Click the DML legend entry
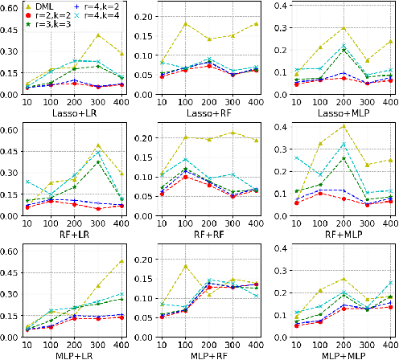pos(54,7)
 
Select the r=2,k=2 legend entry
pos(63,16)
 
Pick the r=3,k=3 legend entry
pos(63,25)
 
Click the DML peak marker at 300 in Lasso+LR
pos(98,35)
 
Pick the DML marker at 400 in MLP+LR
pos(121,261)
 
